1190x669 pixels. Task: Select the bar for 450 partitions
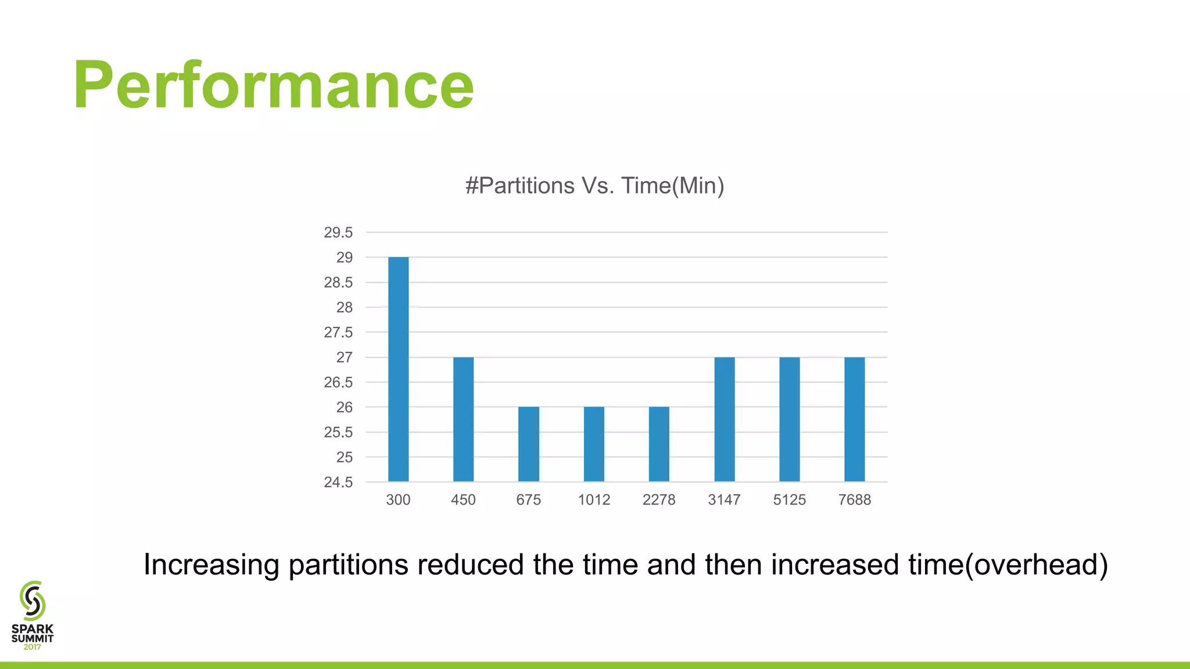pos(463,419)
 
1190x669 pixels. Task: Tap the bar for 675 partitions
pos(528,444)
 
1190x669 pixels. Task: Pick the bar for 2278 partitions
pos(659,444)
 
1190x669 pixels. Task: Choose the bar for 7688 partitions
pos(854,419)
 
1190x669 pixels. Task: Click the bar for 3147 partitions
pos(724,419)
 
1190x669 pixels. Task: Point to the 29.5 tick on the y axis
pos(338,232)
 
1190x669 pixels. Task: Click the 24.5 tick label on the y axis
pos(338,482)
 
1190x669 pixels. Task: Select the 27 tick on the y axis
pos(344,357)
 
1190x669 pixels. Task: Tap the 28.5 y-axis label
pos(338,282)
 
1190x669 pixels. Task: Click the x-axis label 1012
pos(594,499)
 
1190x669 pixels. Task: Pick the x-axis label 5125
pos(789,499)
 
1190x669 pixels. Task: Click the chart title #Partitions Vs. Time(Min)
pos(594,186)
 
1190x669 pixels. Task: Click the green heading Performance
pos(274,85)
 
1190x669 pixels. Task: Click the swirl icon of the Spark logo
pos(33,600)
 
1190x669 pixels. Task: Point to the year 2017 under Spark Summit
pos(32,647)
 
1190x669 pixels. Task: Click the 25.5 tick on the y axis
pos(338,432)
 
